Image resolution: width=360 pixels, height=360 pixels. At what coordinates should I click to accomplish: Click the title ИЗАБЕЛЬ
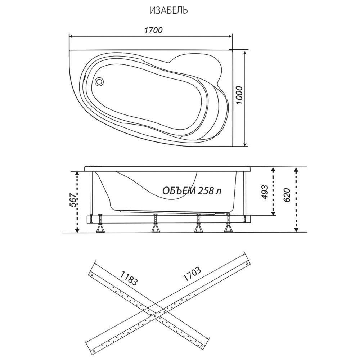click(x=168, y=10)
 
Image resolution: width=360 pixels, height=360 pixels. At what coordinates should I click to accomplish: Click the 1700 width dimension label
click(x=153, y=30)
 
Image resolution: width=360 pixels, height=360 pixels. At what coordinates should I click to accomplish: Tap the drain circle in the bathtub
click(x=100, y=81)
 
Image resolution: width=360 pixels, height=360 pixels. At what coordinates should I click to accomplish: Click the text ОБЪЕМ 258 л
click(x=192, y=190)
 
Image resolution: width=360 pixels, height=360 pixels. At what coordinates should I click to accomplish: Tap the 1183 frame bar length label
click(x=129, y=278)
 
